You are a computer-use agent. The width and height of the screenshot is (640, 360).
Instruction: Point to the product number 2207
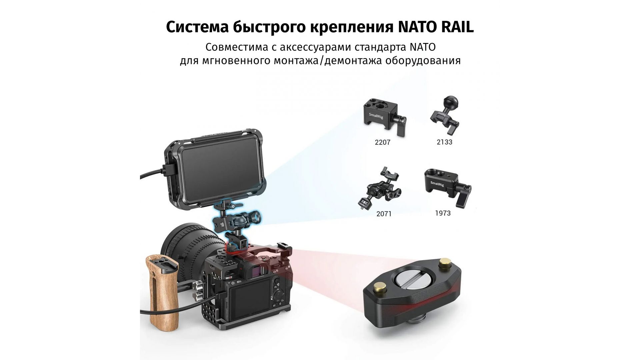[x=382, y=142]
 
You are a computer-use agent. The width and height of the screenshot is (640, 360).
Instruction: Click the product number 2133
[x=444, y=142]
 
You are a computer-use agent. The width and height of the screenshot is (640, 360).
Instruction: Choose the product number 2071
[x=384, y=214]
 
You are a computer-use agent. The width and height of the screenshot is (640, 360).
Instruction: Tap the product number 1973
[x=443, y=213]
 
